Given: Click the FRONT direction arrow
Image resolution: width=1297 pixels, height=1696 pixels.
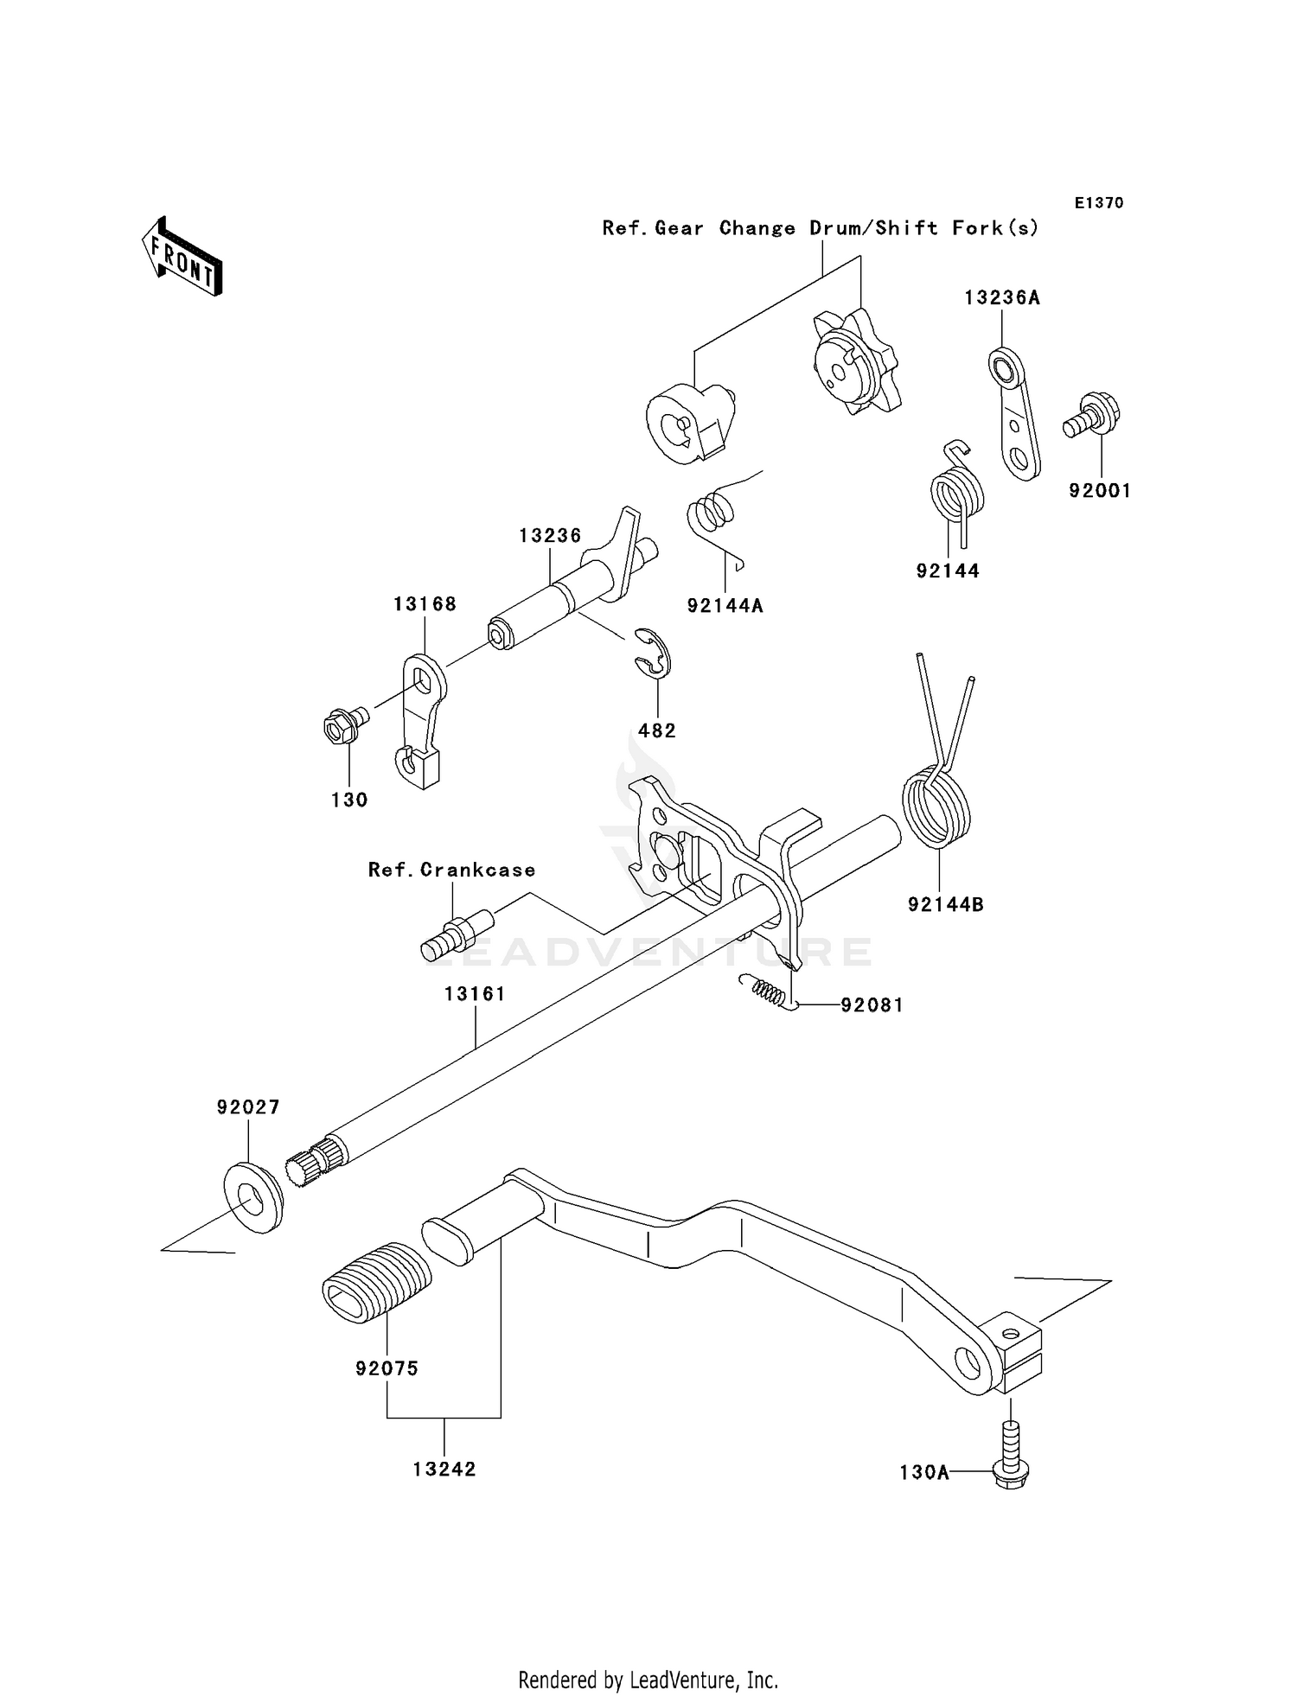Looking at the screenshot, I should [182, 258].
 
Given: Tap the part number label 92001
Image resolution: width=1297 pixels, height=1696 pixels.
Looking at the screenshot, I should [1100, 491].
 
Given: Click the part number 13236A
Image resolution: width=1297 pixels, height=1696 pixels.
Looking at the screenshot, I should [1002, 298].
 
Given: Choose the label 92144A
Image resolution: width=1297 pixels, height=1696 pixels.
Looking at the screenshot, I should [725, 606].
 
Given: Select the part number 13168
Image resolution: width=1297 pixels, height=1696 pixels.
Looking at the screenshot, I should [425, 604].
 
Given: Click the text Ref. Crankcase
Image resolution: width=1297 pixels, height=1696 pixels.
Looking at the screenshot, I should [451, 870].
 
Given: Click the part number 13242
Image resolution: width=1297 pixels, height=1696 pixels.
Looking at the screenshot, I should [444, 1470].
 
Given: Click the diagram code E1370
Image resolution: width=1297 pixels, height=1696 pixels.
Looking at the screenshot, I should [1099, 203].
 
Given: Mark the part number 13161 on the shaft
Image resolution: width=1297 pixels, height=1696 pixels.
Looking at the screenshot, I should [475, 994].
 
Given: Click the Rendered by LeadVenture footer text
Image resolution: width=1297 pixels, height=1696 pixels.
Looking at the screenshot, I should [648, 1680].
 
